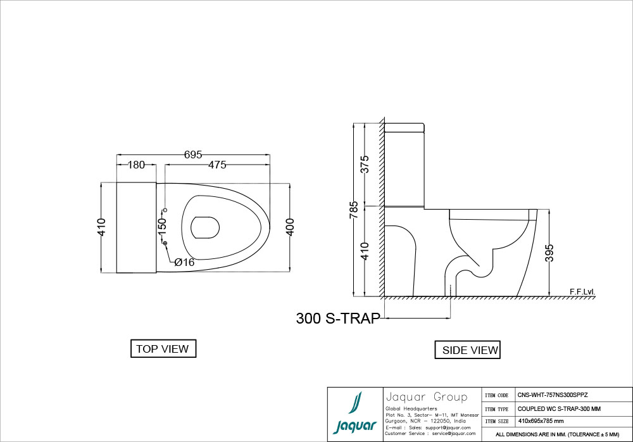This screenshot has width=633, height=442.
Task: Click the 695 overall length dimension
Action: pos(193,155)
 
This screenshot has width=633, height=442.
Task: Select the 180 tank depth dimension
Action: pos(136,165)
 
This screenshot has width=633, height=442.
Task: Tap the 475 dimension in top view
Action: pos(216,165)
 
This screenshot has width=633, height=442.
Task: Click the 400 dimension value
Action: pos(290,227)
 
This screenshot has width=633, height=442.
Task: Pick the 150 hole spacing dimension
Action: pos(161,225)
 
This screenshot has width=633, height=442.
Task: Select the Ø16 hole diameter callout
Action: pos(184,262)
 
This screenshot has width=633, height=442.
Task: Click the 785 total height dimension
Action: pos(354,210)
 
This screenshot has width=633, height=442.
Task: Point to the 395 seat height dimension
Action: pos(549,253)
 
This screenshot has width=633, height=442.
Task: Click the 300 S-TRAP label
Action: pos(338,319)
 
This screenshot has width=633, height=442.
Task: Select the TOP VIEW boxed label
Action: pos(162,349)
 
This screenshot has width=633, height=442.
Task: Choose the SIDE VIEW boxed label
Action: pos(470,350)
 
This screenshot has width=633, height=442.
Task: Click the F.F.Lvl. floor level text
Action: pos(582,292)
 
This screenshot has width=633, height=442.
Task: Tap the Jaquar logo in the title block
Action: pos(355,414)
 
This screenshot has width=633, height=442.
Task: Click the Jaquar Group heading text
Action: pos(426,398)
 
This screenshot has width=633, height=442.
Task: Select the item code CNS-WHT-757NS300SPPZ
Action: pos(552,394)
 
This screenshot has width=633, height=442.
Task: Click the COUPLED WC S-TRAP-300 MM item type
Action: pos(553,408)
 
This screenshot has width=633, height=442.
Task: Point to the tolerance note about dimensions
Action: pos(557,435)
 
